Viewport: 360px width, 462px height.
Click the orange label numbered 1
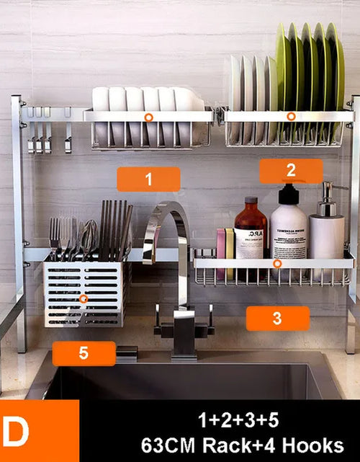(148, 179)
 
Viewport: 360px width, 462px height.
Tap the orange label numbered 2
(291, 171)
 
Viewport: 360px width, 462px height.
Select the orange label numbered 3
(277, 318)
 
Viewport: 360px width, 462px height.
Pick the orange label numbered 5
(84, 353)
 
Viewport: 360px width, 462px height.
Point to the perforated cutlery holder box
(85, 293)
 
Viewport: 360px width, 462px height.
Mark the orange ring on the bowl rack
(148, 116)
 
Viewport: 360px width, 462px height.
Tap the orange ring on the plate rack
(291, 116)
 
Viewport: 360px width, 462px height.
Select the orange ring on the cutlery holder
(84, 298)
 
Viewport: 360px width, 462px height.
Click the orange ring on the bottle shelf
(276, 265)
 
